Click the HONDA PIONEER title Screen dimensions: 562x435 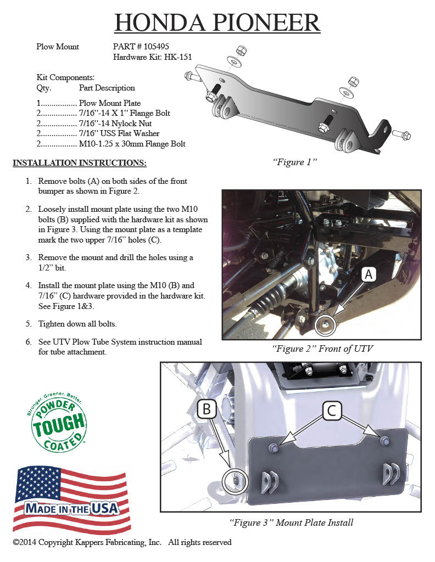217,23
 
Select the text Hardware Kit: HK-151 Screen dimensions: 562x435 152,57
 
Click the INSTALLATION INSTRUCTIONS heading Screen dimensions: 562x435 80,163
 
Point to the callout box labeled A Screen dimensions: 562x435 369,275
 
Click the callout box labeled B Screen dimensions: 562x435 208,409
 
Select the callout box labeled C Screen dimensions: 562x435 332,410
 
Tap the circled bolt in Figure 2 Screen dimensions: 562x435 325,325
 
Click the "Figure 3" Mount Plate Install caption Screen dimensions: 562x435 291,522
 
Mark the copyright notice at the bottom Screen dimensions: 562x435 122,542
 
